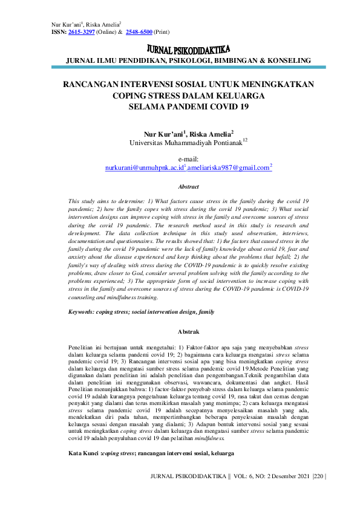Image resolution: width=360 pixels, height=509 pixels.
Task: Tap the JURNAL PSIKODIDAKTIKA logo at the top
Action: pos(188,49)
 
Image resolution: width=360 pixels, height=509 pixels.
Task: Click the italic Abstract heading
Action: pos(188,187)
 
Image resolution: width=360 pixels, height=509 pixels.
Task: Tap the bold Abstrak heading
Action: pos(188,332)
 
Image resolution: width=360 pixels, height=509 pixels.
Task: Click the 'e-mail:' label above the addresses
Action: pos(188,159)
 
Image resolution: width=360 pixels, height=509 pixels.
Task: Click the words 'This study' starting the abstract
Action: pos(82,199)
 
